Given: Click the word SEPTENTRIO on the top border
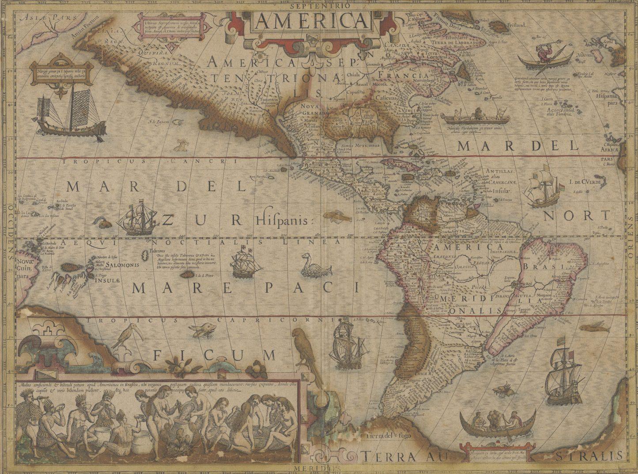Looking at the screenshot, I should coord(320,6).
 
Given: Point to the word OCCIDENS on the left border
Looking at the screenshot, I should coord(9,232).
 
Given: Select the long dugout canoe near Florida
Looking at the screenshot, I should coord(477,118).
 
